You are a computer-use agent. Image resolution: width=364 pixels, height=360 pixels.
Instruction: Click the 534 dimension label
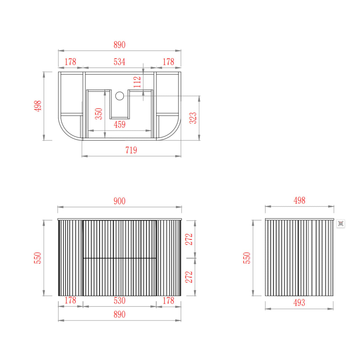coord(119,62)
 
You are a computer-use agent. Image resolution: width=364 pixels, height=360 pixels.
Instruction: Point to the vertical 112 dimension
coord(137,82)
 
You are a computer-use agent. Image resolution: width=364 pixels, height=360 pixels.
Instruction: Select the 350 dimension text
coord(99,114)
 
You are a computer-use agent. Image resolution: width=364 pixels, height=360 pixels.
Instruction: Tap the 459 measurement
coord(119,125)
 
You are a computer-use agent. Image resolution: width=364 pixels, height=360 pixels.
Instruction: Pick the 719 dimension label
coord(131,150)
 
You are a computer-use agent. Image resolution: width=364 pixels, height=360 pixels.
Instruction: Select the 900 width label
coord(119,201)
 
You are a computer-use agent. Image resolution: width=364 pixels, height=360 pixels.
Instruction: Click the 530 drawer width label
coord(119,301)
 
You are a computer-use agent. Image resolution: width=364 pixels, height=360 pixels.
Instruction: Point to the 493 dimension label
coord(299,303)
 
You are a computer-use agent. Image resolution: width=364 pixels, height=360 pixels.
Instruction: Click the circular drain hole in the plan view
coord(120,96)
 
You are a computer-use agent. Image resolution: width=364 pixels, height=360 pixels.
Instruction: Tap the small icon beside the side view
coord(341,223)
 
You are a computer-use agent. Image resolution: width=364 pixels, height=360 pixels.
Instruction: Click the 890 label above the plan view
coord(119,45)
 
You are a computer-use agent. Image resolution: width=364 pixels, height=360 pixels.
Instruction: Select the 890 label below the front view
coord(119,314)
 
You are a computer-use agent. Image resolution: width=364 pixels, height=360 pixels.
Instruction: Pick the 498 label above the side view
coord(299,201)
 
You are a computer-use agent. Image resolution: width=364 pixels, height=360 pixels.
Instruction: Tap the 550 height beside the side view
coord(247,258)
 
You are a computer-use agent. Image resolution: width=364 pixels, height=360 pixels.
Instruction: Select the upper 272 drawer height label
coord(189,239)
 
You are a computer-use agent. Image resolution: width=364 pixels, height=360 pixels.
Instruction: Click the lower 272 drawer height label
coord(189,277)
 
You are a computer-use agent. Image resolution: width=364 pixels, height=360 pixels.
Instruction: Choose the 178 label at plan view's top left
coord(70,62)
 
